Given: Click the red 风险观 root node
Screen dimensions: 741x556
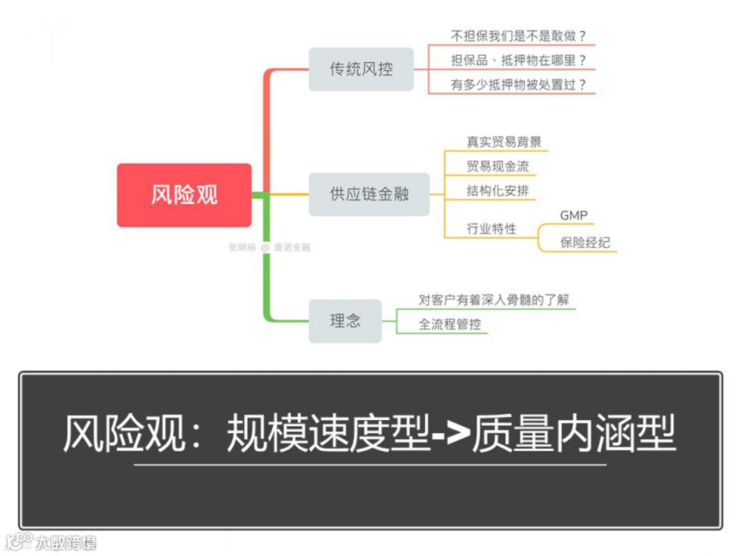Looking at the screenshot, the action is point(184,195).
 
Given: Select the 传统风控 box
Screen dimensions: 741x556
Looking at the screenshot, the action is point(361,69).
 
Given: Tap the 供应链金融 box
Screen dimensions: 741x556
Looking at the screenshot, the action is point(369,194).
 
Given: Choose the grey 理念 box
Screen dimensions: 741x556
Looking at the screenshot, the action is point(345,321).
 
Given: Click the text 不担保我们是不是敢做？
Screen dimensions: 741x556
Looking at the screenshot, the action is point(522,36).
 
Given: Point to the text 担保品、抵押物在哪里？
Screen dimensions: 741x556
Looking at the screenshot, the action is point(519,60).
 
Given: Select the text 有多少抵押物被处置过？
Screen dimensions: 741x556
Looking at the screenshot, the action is point(519,85).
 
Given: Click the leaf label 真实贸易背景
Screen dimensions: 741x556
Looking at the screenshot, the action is point(504,142).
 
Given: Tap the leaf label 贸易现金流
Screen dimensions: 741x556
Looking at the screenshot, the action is point(497,166).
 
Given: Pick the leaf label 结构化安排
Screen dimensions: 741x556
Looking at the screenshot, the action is point(497,191).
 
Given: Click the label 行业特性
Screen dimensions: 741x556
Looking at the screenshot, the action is point(491,229).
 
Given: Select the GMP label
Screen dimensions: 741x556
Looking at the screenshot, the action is point(574,216).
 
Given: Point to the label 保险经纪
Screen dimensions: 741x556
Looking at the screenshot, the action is point(585,242).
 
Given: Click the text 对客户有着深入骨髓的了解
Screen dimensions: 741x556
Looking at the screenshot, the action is point(494,300).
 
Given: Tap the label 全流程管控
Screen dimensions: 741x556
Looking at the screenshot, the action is point(450,324).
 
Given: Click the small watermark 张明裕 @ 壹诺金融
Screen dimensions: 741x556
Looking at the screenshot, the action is point(269,247).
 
